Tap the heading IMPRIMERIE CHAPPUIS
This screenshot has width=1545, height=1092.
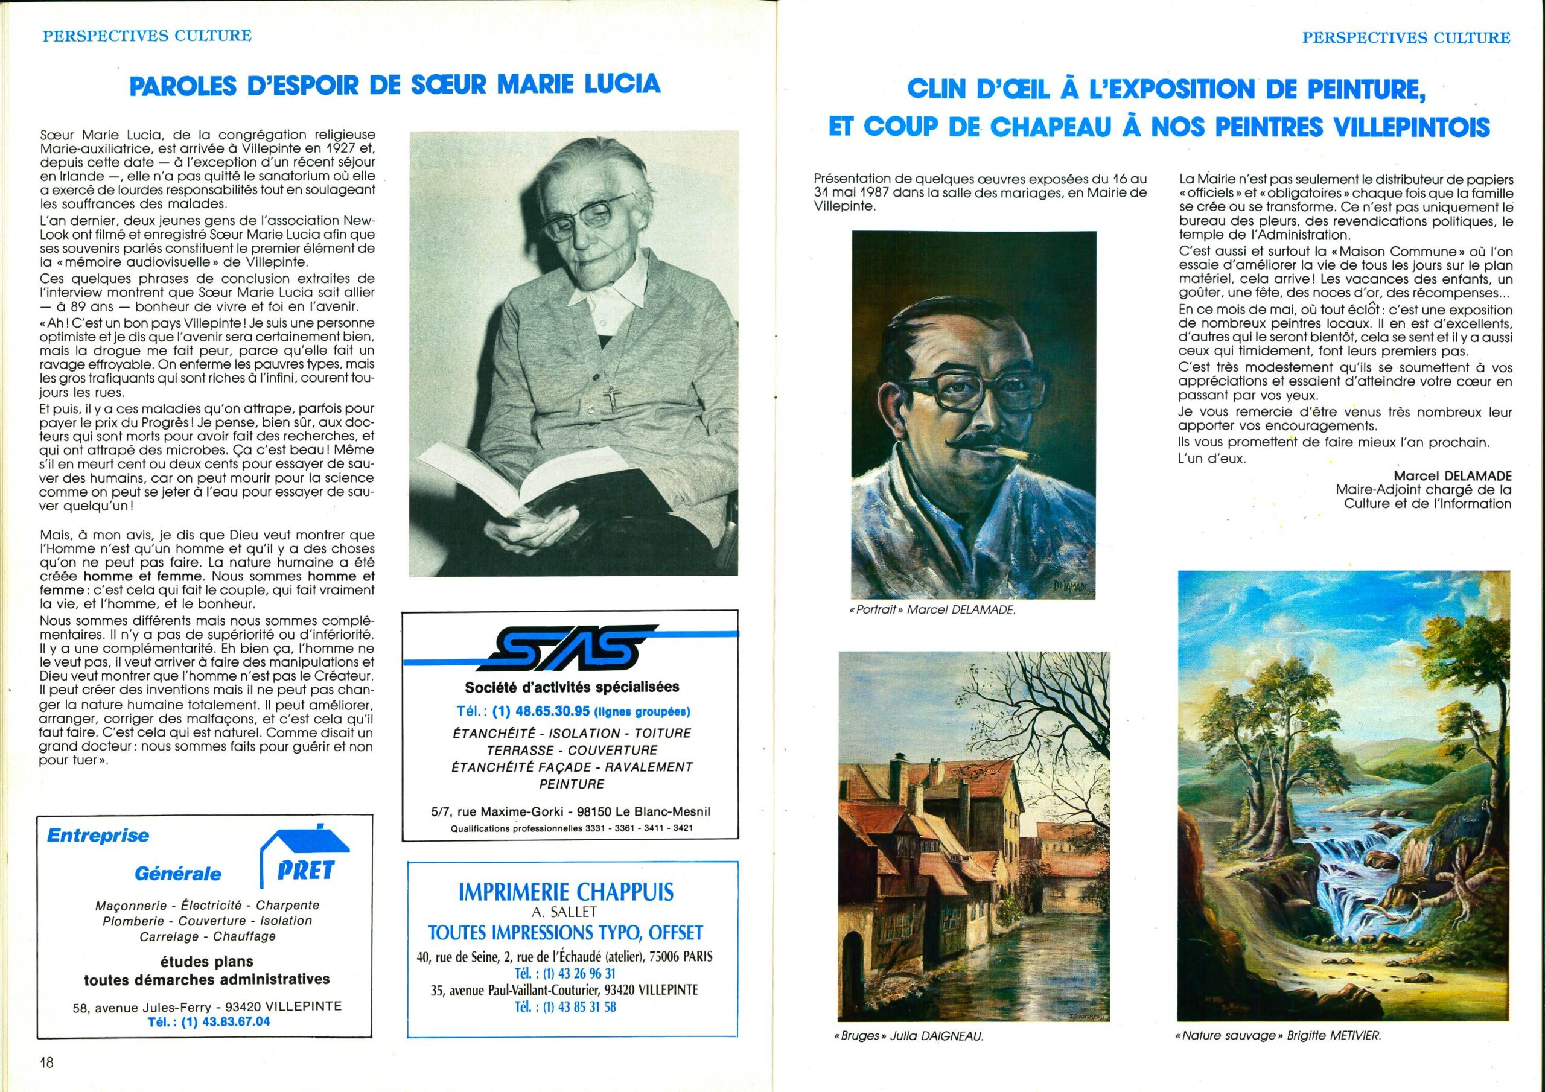pyautogui.click(x=565, y=893)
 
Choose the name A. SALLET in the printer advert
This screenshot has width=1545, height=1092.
pyautogui.click(x=565, y=912)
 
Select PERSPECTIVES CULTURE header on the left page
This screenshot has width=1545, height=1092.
pyautogui.click(x=147, y=36)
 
